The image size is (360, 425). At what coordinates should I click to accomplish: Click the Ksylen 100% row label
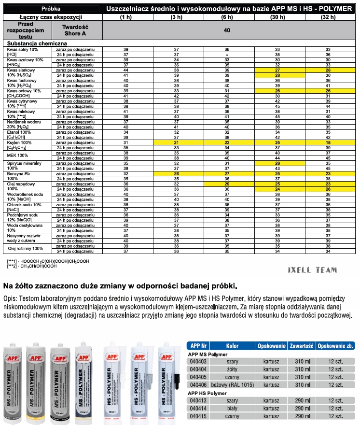pos(20,142)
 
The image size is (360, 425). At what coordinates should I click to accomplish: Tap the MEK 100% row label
pos(18,156)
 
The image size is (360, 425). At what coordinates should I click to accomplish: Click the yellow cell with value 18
pos(328,142)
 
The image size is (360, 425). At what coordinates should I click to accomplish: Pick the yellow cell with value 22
pos(226,142)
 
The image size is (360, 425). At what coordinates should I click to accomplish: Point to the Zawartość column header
pos(302,345)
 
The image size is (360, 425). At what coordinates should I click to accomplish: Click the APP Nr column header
pos(199,345)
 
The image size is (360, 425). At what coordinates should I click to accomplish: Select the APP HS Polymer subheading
pos(207,393)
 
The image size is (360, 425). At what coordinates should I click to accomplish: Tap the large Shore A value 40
pos(227,30)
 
